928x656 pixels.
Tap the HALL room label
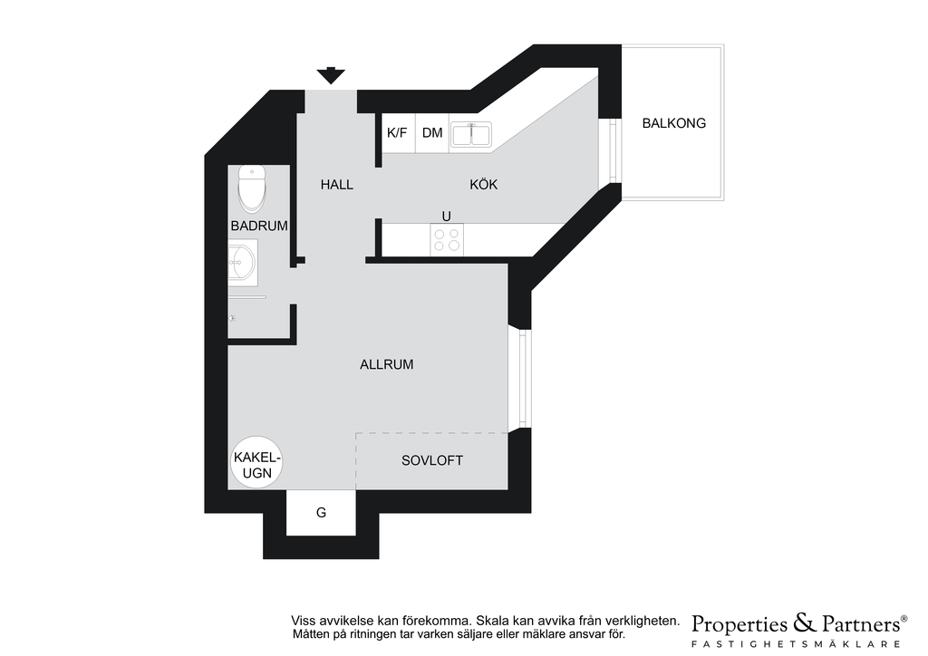pos(337,185)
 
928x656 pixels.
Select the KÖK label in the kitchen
pos(484,185)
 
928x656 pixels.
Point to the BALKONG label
pos(674,123)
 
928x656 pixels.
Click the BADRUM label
pos(259,226)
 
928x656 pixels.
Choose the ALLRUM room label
pos(386,364)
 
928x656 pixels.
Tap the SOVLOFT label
pos(432,460)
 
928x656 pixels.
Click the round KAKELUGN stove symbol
pos(256,463)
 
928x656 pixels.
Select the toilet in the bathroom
pos(252,188)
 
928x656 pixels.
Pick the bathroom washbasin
pos(243,262)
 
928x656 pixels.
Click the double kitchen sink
pos(471,134)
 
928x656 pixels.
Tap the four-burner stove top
pos(447,239)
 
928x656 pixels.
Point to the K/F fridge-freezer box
pos(397,132)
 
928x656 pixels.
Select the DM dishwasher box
pos(432,132)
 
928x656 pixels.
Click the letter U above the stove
pos(446,216)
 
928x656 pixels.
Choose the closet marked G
pos(321,512)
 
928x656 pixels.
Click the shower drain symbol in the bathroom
pos(233,318)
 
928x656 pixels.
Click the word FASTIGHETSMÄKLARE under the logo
pos(797,643)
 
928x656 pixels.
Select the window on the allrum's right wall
pos(521,378)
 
